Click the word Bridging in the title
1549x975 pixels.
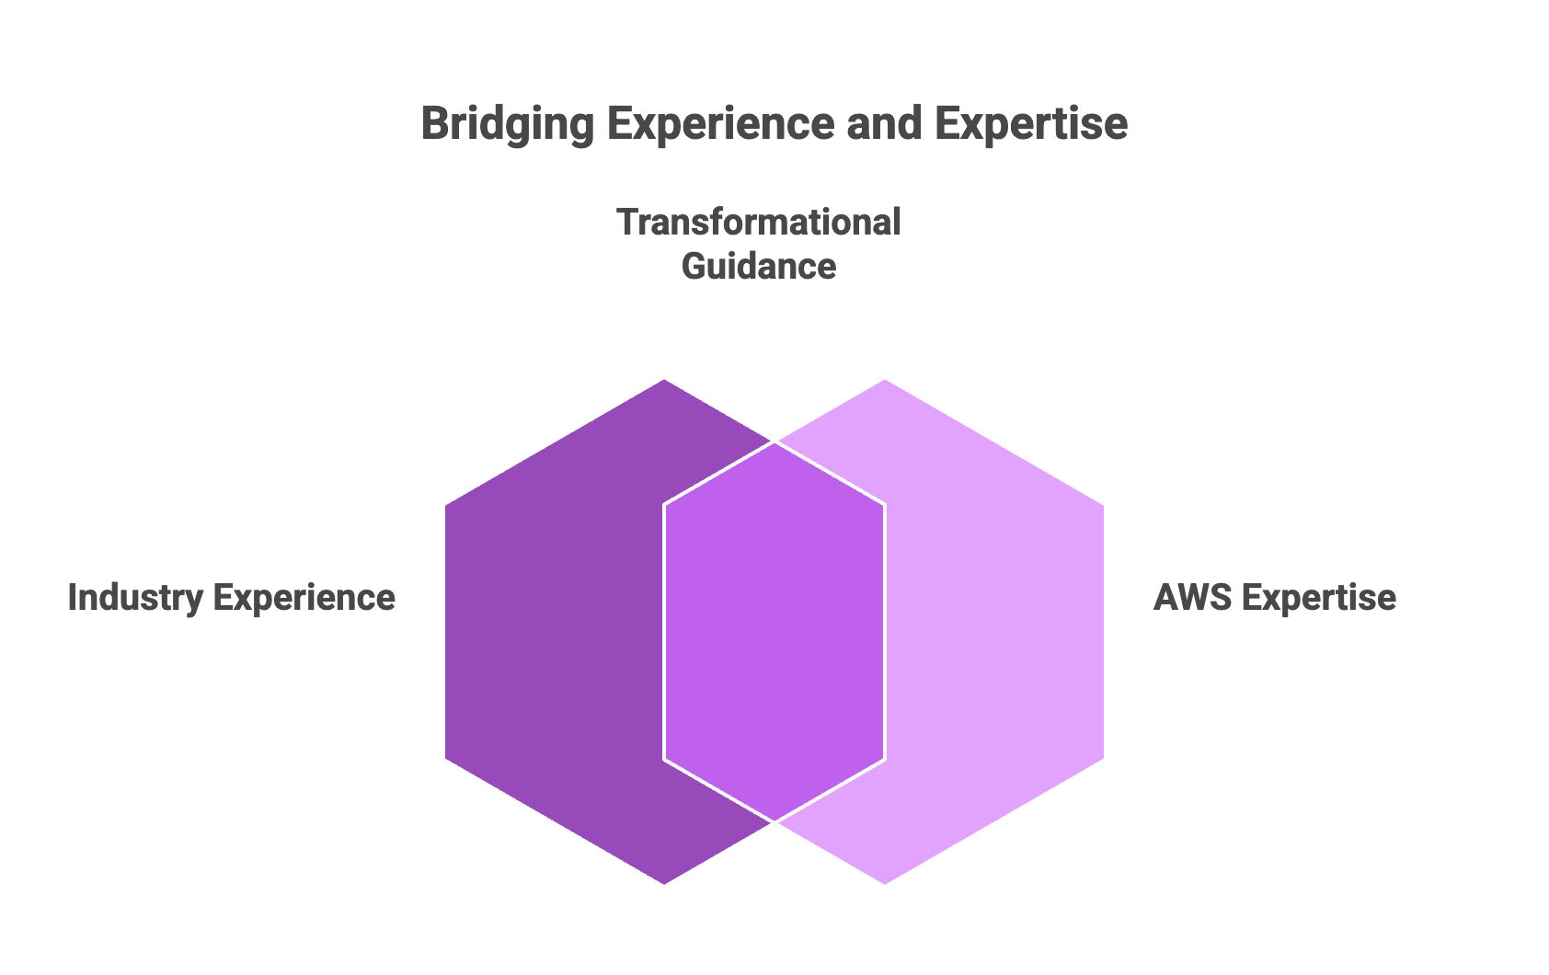tap(508, 124)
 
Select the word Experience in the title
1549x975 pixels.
tap(720, 124)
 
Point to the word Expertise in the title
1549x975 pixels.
tap(1031, 124)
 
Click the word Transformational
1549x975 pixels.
tap(759, 222)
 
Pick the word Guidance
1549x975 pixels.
tap(759, 266)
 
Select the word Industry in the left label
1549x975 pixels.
tap(135, 598)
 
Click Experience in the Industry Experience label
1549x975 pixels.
tap(304, 598)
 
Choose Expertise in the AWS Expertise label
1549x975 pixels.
tap(1319, 598)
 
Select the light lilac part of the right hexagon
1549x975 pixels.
tap(996, 631)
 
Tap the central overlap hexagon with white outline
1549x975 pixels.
tap(774, 631)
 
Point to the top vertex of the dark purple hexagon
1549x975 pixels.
tap(664, 380)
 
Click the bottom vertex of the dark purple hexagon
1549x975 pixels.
tap(664, 884)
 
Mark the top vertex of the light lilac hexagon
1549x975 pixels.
tap(885, 380)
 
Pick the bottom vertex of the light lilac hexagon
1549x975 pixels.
tap(885, 884)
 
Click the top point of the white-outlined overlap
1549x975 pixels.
tap(774, 442)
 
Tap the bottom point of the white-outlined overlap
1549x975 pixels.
tap(774, 821)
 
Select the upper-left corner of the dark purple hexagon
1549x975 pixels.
tap(445, 506)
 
